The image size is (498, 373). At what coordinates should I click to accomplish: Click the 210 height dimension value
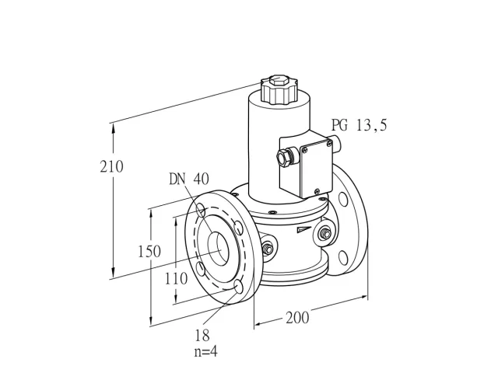click(111, 167)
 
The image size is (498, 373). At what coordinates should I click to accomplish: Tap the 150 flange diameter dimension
click(149, 252)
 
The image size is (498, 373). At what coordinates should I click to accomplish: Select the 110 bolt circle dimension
click(177, 279)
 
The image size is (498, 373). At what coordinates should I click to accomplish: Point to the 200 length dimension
click(297, 318)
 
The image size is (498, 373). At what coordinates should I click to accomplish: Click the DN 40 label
click(189, 180)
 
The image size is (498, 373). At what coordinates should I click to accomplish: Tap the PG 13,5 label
click(359, 125)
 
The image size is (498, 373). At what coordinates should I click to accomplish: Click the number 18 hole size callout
click(202, 335)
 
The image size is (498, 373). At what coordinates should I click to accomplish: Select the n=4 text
click(205, 351)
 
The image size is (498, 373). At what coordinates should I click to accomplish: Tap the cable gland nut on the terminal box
click(283, 157)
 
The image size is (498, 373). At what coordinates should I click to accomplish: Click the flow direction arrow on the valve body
click(304, 230)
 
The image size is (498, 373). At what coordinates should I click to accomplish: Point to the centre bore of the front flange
click(219, 249)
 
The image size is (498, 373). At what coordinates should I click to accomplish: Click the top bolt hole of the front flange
click(201, 211)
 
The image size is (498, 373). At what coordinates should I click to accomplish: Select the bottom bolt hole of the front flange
click(239, 288)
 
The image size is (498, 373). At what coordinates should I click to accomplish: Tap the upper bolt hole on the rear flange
click(343, 199)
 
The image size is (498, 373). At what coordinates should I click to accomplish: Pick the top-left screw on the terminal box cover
click(305, 148)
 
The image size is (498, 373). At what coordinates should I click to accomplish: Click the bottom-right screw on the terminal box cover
click(317, 191)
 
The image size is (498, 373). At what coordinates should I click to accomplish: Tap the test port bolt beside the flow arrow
click(324, 234)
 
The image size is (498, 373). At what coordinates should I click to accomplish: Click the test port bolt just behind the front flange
click(268, 249)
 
